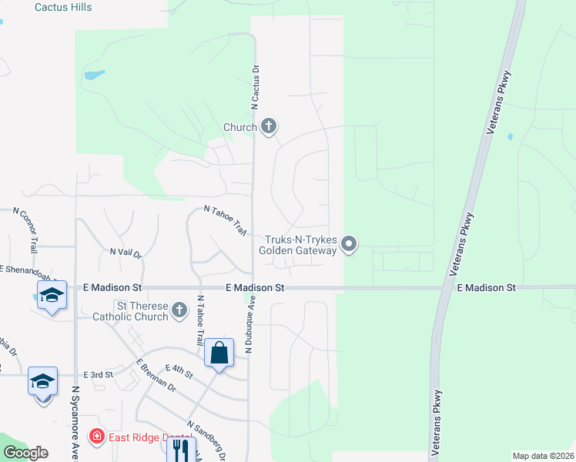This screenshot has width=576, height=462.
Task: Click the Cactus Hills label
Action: click(64, 7)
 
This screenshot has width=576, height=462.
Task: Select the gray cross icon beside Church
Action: click(269, 126)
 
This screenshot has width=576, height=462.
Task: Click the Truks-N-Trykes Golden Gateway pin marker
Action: click(349, 245)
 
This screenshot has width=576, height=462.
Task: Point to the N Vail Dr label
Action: click(126, 253)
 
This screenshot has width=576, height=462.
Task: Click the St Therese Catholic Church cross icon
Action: click(179, 310)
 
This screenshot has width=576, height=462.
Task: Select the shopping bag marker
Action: click(219, 353)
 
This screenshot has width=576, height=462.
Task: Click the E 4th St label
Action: click(179, 371)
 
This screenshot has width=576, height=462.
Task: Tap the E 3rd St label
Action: click(98, 374)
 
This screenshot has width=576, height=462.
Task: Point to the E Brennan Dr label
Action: click(156, 377)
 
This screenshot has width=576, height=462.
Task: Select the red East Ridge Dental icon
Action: click(96, 437)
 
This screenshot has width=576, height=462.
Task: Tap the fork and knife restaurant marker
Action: click(181, 449)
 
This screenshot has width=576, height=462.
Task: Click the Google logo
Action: click(26, 452)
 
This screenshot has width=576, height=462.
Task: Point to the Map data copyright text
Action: click(543, 456)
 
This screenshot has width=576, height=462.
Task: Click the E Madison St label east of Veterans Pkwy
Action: click(486, 287)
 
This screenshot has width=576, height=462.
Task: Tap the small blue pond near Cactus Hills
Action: click(95, 75)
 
